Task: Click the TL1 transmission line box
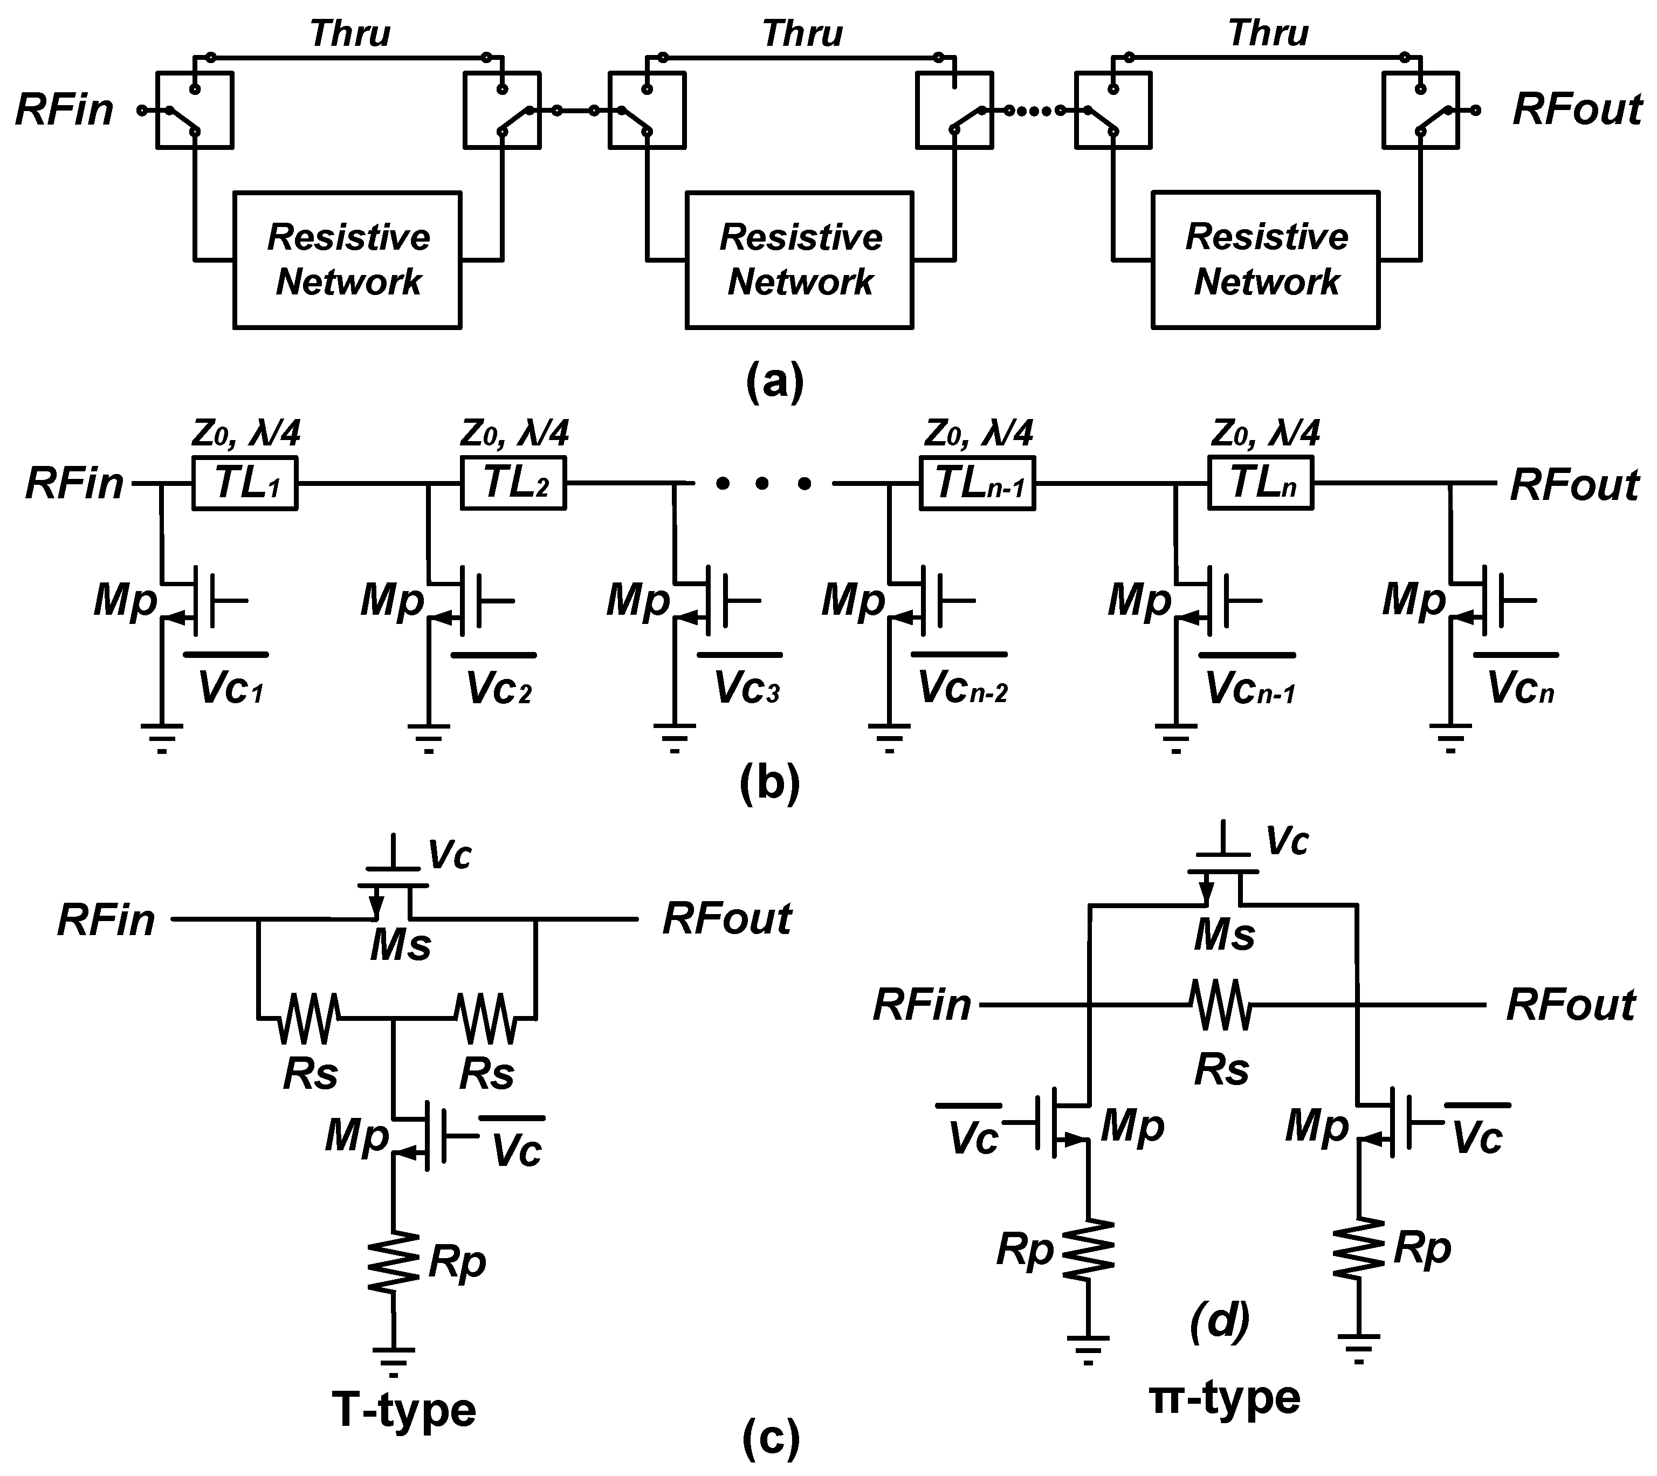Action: pyautogui.click(x=244, y=483)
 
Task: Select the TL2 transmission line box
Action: pyautogui.click(x=513, y=483)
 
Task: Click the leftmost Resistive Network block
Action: pyautogui.click(x=347, y=259)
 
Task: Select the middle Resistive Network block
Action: pyautogui.click(x=800, y=259)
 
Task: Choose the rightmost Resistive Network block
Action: pyautogui.click(x=1265, y=259)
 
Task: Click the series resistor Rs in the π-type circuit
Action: pyautogui.click(x=1221, y=1006)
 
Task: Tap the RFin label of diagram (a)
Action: pyautogui.click(x=65, y=109)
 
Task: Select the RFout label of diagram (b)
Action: pyautogui.click(x=1573, y=485)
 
